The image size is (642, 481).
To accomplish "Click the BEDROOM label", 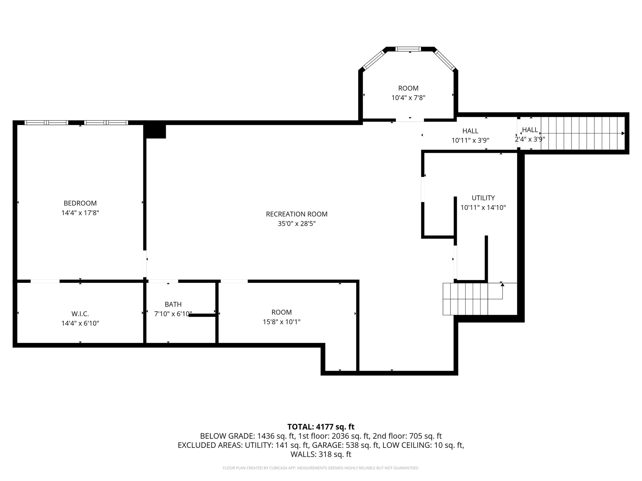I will (x=80, y=203).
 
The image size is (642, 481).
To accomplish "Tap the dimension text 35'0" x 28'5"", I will (x=297, y=224).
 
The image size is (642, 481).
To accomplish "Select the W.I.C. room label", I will (x=80, y=314).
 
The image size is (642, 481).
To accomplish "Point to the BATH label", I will (x=173, y=304).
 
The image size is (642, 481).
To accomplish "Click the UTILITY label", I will (x=483, y=198).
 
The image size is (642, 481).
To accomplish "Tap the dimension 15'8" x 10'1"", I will (x=282, y=322).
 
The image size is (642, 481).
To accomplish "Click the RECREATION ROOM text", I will (x=297, y=214).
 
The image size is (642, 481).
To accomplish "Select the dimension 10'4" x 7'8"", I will (x=408, y=98).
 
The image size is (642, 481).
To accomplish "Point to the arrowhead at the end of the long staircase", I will (x=623, y=133).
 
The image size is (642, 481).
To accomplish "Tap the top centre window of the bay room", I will (x=408, y=49).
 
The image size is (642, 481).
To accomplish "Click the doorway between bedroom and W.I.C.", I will (x=45, y=281).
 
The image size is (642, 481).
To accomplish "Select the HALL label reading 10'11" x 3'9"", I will (x=470, y=131).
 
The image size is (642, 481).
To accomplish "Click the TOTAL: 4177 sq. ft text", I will (x=321, y=427).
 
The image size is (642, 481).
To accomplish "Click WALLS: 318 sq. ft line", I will (x=321, y=454).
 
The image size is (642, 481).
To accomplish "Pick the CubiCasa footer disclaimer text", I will (x=321, y=468).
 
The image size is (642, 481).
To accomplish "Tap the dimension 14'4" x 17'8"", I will (x=80, y=213).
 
